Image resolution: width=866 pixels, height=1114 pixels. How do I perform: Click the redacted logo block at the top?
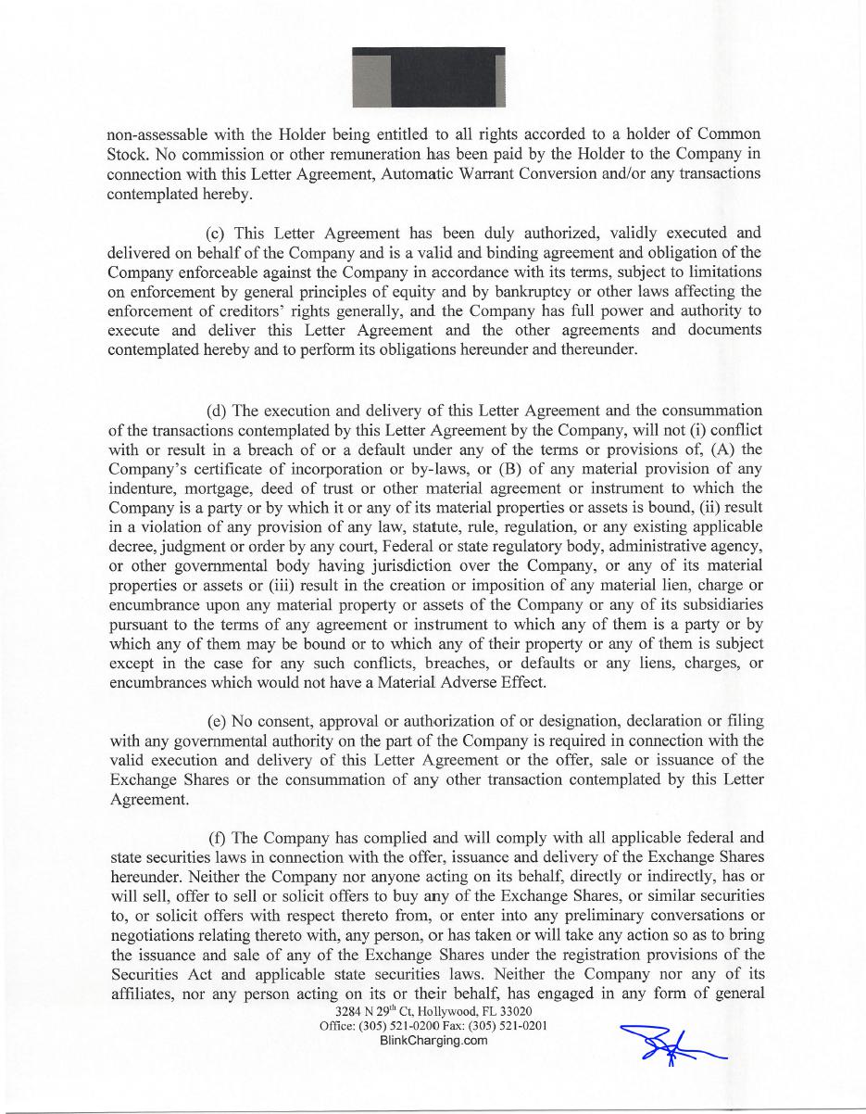[x=429, y=78]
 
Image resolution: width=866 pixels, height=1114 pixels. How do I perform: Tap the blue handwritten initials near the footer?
[x=671, y=1045]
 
